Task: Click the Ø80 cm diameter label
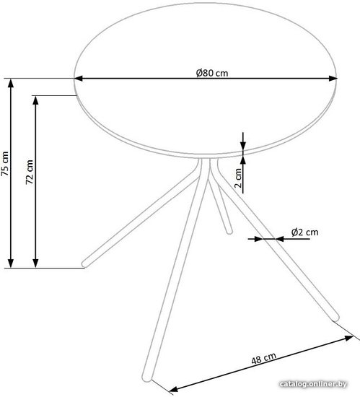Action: [212, 73]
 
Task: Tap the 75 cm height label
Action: [5, 164]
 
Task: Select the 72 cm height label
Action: [30, 172]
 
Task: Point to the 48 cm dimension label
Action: [263, 358]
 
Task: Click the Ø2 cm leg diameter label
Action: [305, 232]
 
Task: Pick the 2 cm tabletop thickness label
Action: [238, 178]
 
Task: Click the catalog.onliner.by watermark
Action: [313, 384]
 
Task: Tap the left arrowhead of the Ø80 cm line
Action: [79, 79]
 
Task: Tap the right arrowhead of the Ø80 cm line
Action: [333, 79]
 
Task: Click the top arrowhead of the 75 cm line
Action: [11, 83]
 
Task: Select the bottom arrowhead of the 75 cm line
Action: [11, 263]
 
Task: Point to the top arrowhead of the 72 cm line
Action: [35, 100]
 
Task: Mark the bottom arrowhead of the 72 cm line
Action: [35, 263]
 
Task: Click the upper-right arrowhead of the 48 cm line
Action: [349, 338]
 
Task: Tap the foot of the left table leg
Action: [86, 263]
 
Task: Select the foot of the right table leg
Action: [335, 317]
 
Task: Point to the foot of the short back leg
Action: [229, 232]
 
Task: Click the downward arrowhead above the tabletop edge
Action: [243, 145]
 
